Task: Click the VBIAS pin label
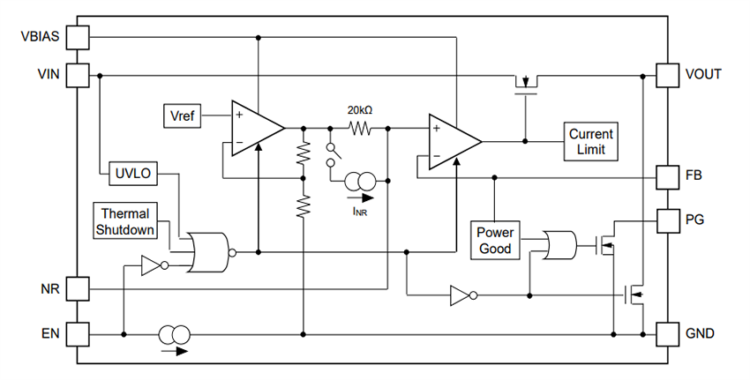[x=39, y=37]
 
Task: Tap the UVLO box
[x=131, y=174]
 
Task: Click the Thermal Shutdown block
[x=124, y=221]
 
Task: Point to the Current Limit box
[x=590, y=141]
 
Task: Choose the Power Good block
[x=494, y=240]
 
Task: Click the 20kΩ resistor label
[x=359, y=110]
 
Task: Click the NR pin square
[x=78, y=288]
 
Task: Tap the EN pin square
[x=78, y=334]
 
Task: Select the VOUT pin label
[x=703, y=75]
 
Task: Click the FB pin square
[x=668, y=175]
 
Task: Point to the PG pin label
[x=695, y=218]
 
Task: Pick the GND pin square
[x=668, y=334]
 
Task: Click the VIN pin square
[x=78, y=75]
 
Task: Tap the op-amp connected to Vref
[x=255, y=129]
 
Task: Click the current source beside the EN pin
[x=174, y=335]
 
